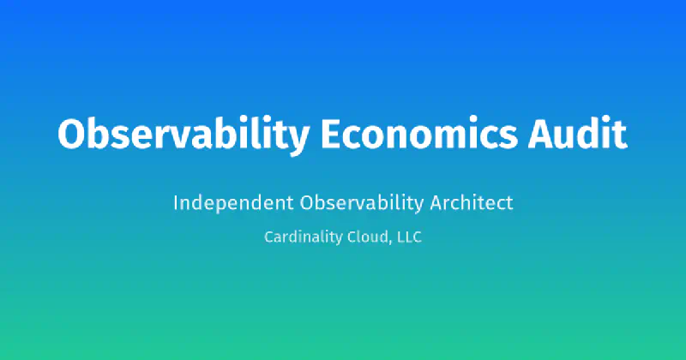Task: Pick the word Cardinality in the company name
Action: [300, 237]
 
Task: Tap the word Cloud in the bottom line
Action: [366, 237]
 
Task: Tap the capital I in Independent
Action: [176, 203]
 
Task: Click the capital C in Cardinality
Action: [269, 237]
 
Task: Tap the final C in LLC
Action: [417, 237]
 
